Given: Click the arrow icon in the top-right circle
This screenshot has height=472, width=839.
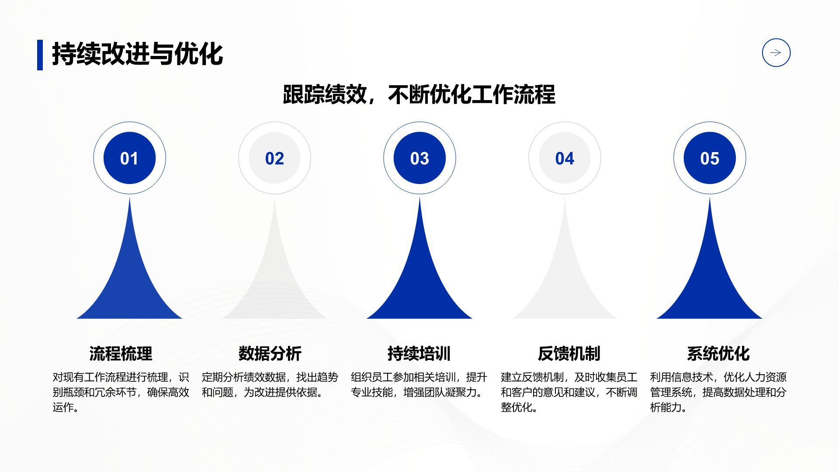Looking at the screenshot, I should click(776, 53).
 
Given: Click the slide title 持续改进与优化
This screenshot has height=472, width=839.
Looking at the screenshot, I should click(137, 54).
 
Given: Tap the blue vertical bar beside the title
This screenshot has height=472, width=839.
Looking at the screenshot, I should click(40, 55).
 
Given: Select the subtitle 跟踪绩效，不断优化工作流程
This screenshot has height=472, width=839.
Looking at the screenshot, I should click(419, 94).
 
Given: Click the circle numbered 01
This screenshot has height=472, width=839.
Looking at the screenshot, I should click(129, 158).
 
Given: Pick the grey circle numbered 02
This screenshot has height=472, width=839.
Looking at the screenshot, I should click(274, 158).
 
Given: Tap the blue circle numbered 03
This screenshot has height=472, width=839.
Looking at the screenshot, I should click(419, 158).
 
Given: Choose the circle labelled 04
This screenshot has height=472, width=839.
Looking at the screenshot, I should click(565, 158).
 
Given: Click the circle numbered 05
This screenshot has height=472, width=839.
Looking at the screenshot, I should click(710, 158).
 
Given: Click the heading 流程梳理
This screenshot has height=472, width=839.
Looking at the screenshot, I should click(121, 353).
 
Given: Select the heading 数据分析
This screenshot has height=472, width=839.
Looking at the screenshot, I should click(270, 353).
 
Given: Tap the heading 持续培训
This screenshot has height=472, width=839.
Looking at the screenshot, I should click(419, 353).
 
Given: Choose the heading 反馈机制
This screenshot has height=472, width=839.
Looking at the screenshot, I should click(569, 353).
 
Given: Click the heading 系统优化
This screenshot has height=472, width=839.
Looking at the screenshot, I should click(718, 353).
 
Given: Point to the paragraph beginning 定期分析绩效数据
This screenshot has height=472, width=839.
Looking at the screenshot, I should click(270, 385).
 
